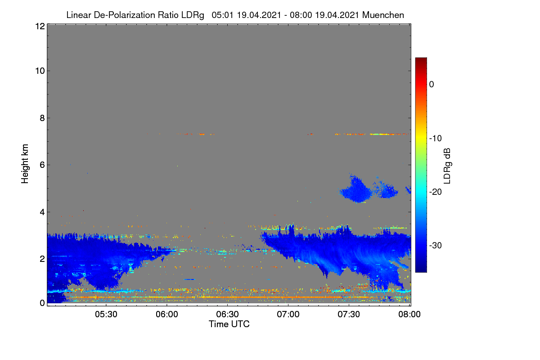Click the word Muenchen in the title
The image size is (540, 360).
tap(383, 15)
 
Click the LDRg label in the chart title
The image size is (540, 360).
tap(193, 15)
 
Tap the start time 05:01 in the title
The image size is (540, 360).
tap(222, 15)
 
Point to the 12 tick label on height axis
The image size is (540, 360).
tap(40, 26)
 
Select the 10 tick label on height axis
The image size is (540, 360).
tap(40, 71)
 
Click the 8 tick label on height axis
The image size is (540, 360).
tap(42, 118)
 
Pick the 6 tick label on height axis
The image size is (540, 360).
tap(42, 165)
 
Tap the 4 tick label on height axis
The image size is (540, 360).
tap(42, 212)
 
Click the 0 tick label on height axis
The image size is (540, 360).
tap(42, 303)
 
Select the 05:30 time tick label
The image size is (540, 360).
tap(106, 315)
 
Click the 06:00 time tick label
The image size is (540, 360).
tap(167, 315)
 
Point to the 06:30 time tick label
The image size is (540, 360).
tap(227, 315)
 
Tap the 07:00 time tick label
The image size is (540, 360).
tap(288, 315)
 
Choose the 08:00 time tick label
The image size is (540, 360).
tap(409, 315)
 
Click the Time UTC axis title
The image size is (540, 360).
tap(229, 324)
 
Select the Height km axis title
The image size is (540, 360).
tap(25, 164)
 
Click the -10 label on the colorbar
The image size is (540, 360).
tap(436, 139)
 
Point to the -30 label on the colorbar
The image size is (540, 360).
tap(436, 245)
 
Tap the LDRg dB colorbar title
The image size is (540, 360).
tap(447, 166)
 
